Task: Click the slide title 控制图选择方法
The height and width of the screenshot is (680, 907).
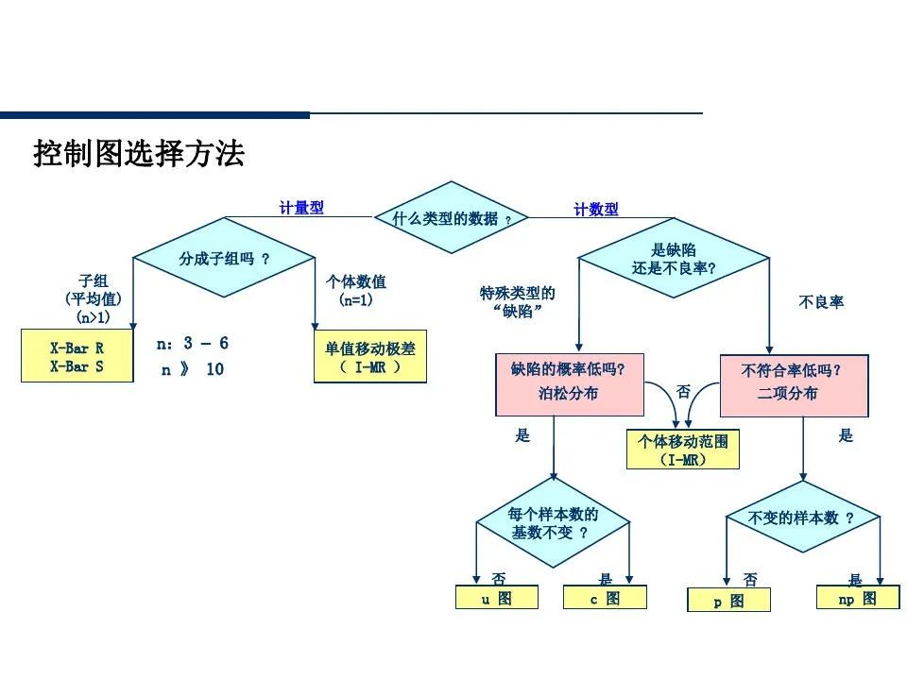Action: [x=139, y=153]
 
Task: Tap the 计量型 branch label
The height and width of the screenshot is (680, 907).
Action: [x=301, y=208]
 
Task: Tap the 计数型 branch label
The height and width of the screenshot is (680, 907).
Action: [x=596, y=210]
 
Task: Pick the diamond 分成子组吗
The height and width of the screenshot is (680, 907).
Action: [x=224, y=258]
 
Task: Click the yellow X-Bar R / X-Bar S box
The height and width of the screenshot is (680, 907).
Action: [x=77, y=357]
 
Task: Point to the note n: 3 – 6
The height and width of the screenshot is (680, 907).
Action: [x=193, y=344]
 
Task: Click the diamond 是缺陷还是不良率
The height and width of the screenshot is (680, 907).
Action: [x=673, y=259]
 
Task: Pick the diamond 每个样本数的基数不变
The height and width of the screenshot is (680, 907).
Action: [x=553, y=523]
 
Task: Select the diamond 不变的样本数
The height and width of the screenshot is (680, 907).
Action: [x=802, y=518]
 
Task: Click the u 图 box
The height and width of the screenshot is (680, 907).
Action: [x=497, y=598]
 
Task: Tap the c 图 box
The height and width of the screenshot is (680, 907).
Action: [x=605, y=598]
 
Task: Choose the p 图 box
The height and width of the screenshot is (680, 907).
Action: [x=727, y=601]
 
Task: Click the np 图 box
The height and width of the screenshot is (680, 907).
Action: [x=857, y=598]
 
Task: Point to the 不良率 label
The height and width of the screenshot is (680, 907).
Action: [x=821, y=302]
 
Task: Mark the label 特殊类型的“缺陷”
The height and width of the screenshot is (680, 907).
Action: [x=518, y=302]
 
